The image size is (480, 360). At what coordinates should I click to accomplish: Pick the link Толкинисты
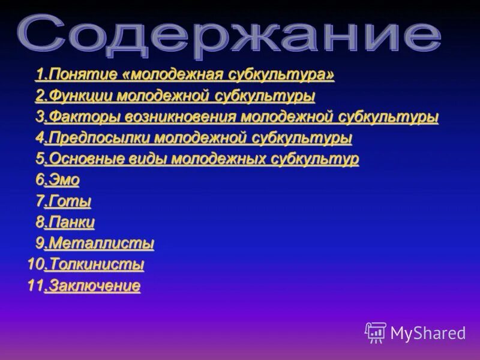(x=97, y=265)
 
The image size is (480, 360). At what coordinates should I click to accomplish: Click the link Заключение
(x=95, y=286)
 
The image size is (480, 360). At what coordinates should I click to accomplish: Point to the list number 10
(x=35, y=265)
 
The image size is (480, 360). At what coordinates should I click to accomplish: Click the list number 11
(x=35, y=286)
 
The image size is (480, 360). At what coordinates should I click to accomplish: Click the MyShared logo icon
(x=376, y=332)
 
